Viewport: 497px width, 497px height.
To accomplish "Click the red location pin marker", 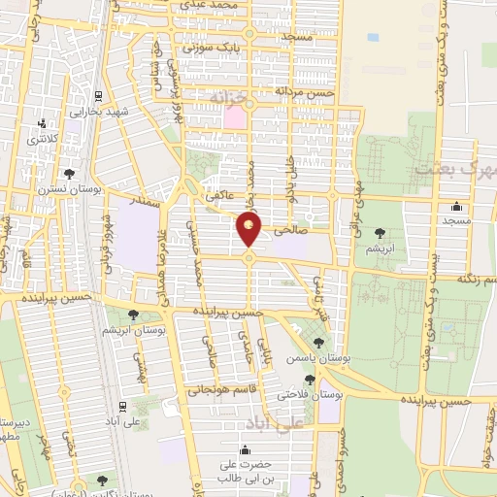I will tap(249, 230).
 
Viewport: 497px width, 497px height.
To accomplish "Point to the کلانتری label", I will tap(42, 140).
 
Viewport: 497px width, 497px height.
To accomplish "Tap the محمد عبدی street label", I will tap(215, 7).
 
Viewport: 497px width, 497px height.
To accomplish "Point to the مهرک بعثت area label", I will tap(453, 168).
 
